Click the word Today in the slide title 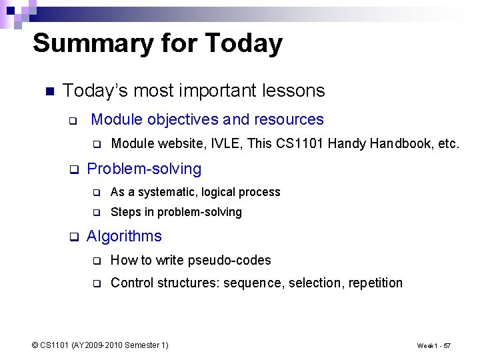pos(244,44)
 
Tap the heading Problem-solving pos(144,169)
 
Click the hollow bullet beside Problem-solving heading pos(74,169)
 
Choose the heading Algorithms pos(124,237)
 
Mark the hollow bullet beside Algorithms pos(74,237)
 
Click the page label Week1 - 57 pos(433,346)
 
